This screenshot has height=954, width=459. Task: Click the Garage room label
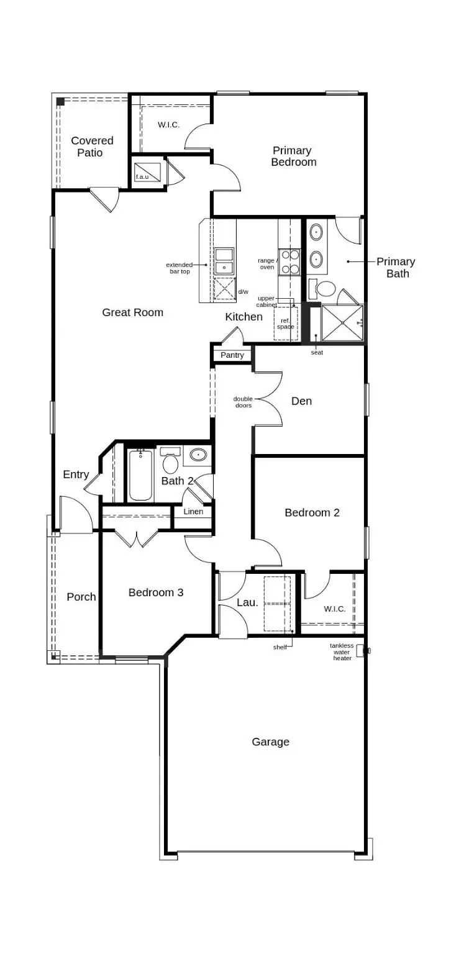tap(270, 742)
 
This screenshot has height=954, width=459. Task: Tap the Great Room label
tap(132, 312)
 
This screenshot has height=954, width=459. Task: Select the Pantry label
tap(232, 355)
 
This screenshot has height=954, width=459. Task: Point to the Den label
tap(301, 401)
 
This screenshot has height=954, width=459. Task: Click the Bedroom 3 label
tap(156, 593)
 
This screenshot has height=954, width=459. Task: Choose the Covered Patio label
tap(92, 147)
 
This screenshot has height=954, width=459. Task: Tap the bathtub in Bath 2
tap(140, 475)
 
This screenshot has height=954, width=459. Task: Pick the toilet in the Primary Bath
tap(324, 289)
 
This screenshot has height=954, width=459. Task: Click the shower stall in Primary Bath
tap(343, 323)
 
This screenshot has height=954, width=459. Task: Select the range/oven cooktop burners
tap(289, 261)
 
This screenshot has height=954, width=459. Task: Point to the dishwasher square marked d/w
tap(224, 289)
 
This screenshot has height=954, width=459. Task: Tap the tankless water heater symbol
tap(361, 650)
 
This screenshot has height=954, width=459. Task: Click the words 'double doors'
tap(243, 402)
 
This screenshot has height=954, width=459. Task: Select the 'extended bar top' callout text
tap(180, 268)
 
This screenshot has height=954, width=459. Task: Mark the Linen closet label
tap(193, 512)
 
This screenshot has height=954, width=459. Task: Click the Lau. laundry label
tap(247, 602)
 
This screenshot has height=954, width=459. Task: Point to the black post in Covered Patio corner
tap(60, 101)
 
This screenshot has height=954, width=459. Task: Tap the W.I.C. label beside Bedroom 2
tap(335, 609)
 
